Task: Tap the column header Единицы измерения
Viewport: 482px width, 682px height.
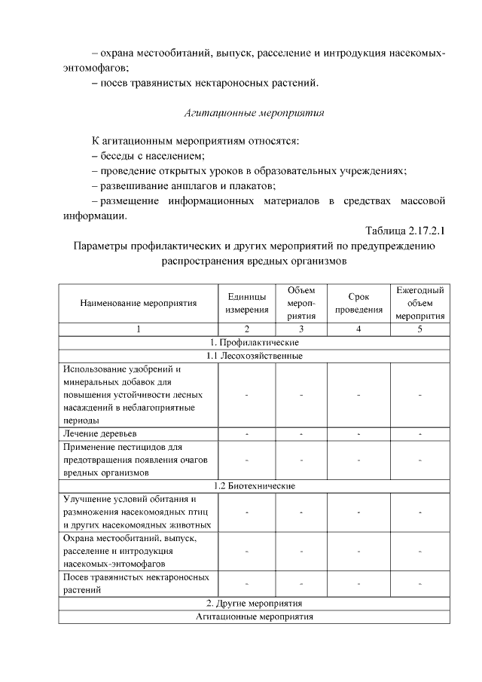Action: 246,303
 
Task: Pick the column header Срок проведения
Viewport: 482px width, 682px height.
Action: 358,303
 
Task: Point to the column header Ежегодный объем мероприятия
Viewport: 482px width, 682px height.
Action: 419,303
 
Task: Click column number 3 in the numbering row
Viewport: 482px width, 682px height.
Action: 301,329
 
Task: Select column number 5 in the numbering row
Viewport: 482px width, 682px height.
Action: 419,329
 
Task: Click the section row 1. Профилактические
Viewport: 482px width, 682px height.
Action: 254,342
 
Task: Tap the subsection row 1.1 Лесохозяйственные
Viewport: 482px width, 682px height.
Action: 254,356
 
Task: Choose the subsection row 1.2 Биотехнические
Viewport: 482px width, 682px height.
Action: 254,486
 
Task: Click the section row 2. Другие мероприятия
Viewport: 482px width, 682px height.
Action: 254,604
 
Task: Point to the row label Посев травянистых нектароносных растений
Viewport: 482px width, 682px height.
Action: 135,583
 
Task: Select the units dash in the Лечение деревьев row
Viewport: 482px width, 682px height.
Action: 246,435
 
